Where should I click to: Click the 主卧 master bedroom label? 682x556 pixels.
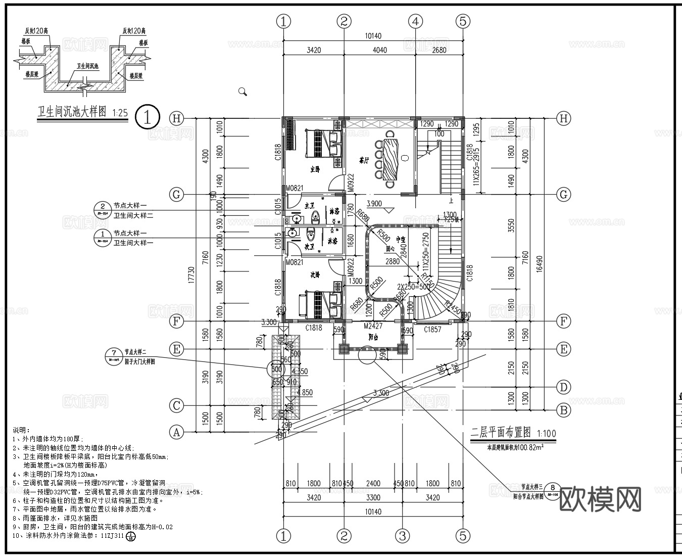(x=314, y=169)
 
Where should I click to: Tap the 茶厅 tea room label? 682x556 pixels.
(x=364, y=161)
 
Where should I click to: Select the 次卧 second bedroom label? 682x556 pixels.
(x=315, y=275)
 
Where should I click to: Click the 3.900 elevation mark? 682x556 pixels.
(x=374, y=204)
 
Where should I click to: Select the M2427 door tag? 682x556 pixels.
(x=373, y=327)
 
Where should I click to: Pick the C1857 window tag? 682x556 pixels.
(x=432, y=330)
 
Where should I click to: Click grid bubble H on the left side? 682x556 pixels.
(x=176, y=118)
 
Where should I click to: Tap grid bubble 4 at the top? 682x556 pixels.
(x=415, y=21)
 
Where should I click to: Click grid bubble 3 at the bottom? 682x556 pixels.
(x=402, y=536)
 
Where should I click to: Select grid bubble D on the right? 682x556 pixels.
(x=563, y=387)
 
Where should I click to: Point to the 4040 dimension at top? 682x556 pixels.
(x=379, y=50)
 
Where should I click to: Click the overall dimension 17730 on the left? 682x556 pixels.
(x=190, y=275)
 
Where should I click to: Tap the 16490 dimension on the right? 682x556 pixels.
(x=539, y=263)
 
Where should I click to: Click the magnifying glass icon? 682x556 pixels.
(x=242, y=91)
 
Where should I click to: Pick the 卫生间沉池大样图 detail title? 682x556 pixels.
(x=72, y=112)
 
